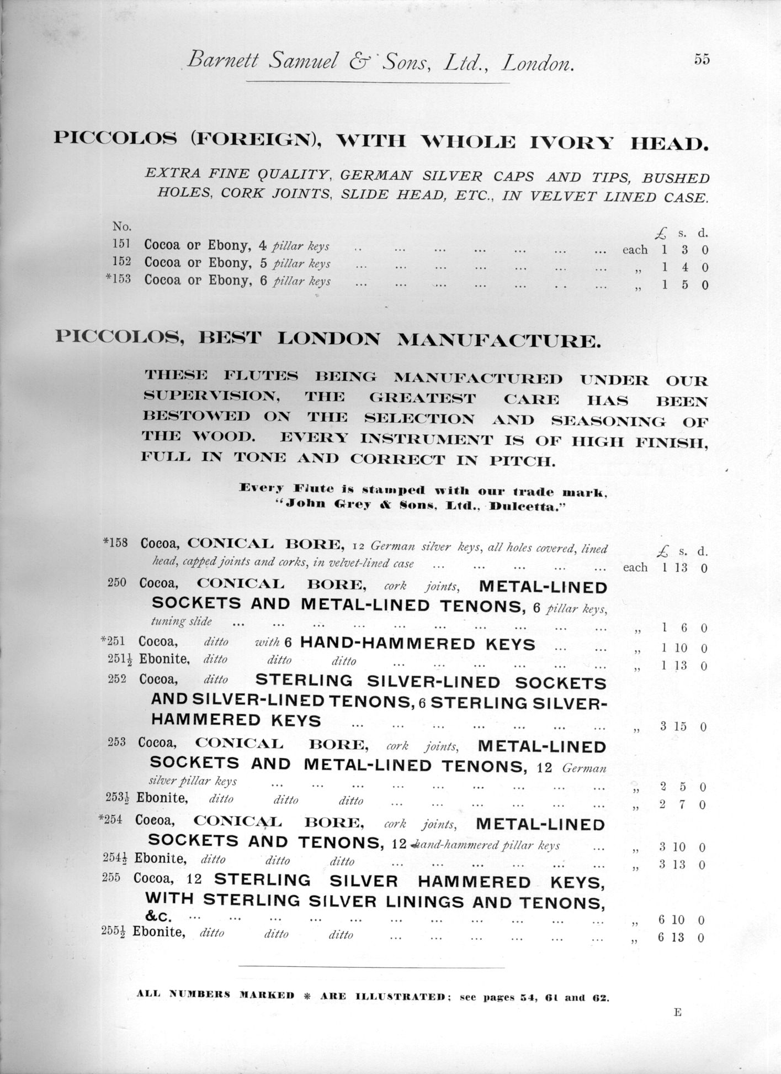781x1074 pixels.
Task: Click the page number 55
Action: pos(702,60)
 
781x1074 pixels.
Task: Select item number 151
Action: pos(121,244)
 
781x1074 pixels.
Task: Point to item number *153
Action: pos(118,279)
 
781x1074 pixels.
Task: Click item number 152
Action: pos(121,261)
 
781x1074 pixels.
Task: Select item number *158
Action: pos(115,543)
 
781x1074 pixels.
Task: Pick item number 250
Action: pos(117,582)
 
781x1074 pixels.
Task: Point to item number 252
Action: pos(117,678)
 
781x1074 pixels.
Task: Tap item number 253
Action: pos(116,742)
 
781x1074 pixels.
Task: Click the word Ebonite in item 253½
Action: pos(162,798)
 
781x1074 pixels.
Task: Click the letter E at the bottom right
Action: pos(678,1012)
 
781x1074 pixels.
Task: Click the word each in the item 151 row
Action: pos(635,250)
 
